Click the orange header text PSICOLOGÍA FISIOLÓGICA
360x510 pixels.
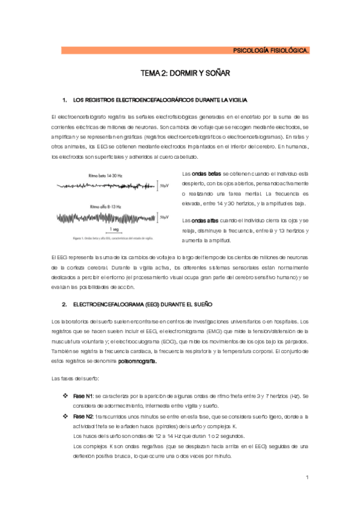point(271,51)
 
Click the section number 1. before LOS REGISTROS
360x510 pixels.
point(64,99)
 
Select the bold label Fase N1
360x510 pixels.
point(83,396)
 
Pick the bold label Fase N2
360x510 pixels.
point(83,416)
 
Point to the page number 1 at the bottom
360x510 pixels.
point(307,478)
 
